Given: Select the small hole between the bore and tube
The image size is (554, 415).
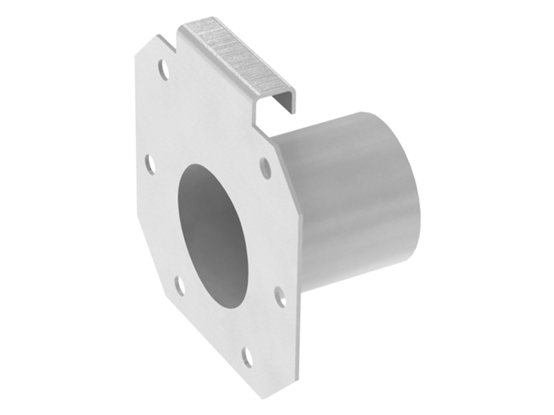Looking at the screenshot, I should [x=263, y=167].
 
